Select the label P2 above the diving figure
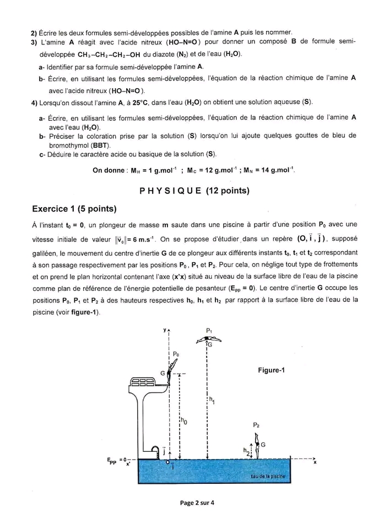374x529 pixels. [256, 425]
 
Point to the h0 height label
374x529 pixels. [184, 422]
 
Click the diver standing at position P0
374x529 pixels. [172, 367]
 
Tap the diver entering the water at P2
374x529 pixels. [256, 444]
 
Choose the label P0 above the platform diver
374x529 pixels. [176, 354]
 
